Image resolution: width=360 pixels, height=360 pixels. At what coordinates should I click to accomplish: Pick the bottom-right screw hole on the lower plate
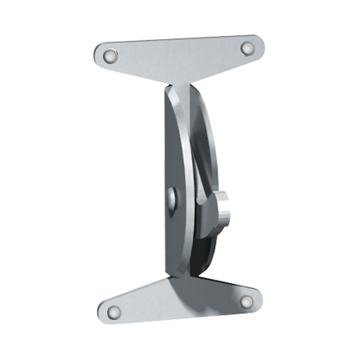point(245,302)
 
